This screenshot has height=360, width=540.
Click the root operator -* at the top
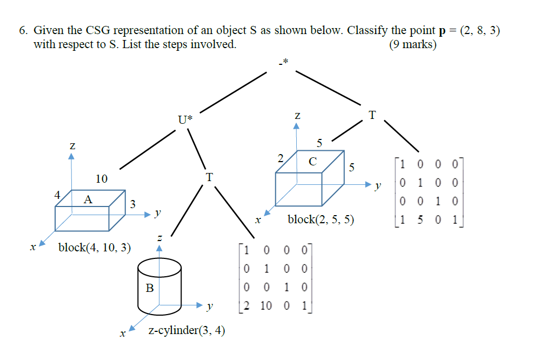click(x=284, y=63)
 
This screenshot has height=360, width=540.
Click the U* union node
click(x=185, y=119)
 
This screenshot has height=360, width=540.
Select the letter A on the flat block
click(x=88, y=199)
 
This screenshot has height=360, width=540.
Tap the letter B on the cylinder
click(x=150, y=289)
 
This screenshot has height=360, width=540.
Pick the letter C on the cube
click(x=312, y=161)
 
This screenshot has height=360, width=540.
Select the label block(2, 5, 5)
click(x=321, y=219)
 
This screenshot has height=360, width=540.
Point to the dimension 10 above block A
click(x=101, y=178)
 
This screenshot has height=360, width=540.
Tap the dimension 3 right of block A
click(x=132, y=204)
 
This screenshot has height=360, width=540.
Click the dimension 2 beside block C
click(x=280, y=158)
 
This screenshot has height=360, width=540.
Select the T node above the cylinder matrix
click(x=209, y=177)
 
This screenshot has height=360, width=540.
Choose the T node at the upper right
click(x=371, y=115)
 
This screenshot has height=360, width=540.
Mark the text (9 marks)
click(x=412, y=45)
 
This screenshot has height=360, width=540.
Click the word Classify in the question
click(x=368, y=30)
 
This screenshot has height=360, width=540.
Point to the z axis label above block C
click(x=297, y=115)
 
